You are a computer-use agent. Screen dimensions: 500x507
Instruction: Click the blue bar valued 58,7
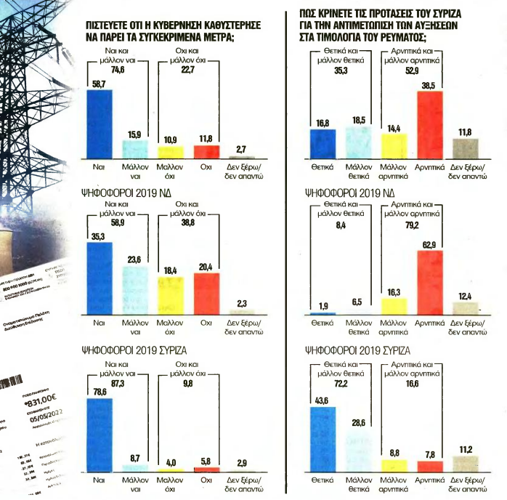pos(100,123)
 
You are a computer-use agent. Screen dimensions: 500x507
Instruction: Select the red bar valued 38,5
pos(429,124)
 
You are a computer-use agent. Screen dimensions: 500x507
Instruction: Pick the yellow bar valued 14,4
pos(394,145)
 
